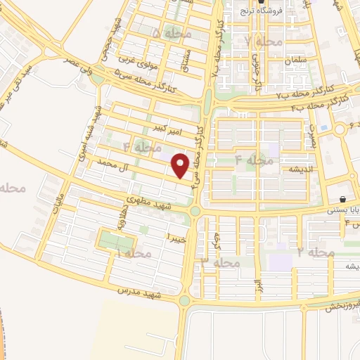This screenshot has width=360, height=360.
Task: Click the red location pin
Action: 181,165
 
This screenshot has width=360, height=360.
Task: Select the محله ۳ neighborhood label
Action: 221,262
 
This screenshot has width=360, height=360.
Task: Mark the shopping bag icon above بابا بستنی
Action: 342,199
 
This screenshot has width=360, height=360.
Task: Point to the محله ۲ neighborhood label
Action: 315,251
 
